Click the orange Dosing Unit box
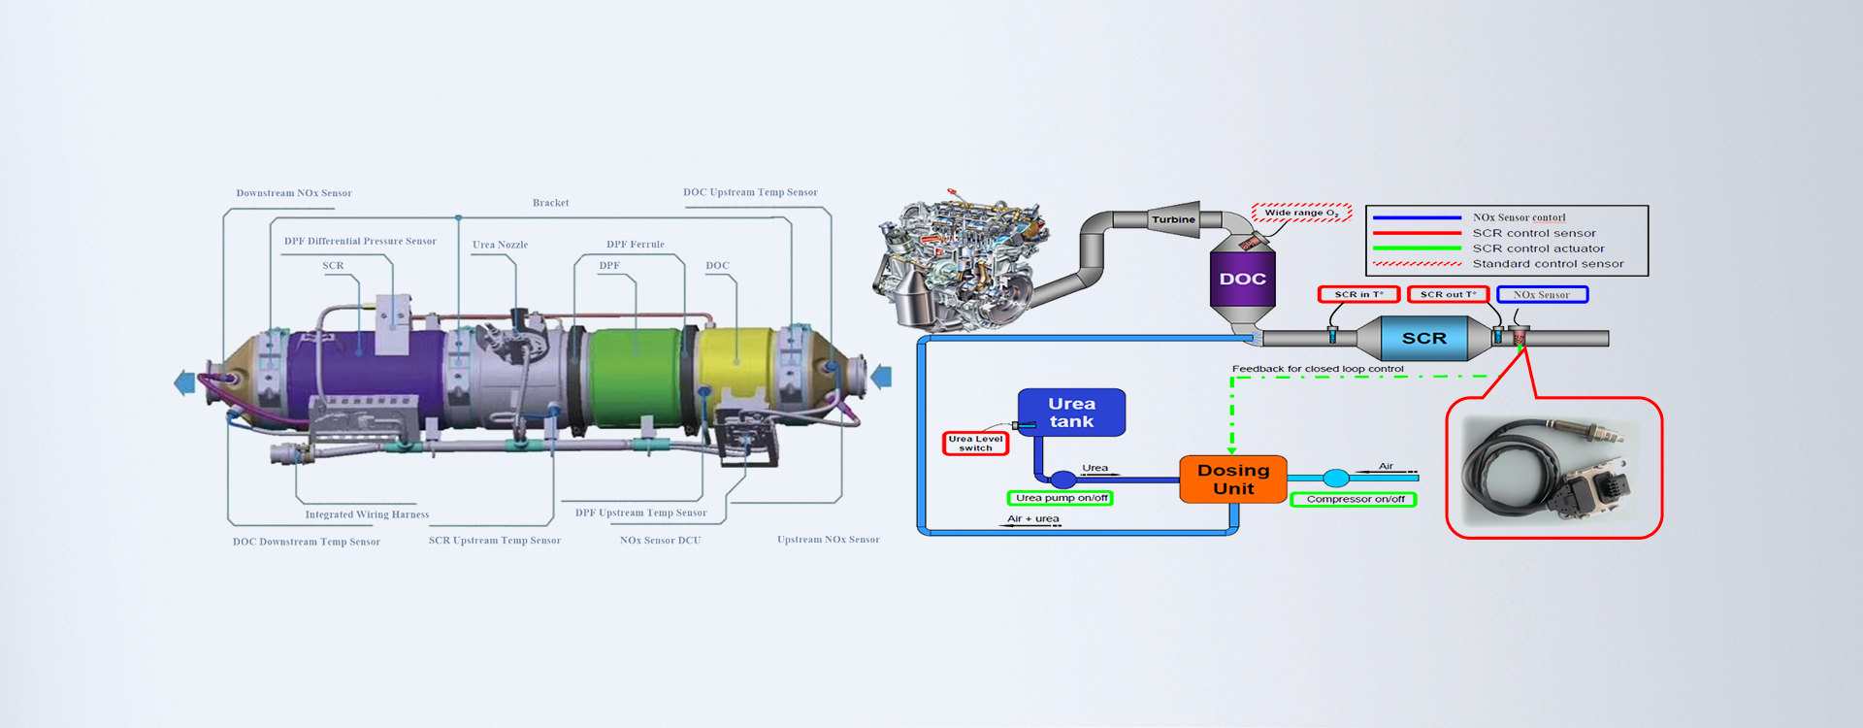click(1233, 480)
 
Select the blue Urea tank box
click(1071, 413)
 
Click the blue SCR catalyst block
click(1423, 339)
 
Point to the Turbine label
click(1173, 219)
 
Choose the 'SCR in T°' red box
click(1358, 294)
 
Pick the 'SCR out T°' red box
click(1448, 294)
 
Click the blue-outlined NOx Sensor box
click(1542, 294)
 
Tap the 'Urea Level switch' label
click(976, 444)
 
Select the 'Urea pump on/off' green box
click(1061, 498)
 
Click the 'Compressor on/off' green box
click(1355, 499)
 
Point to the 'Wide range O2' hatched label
click(1301, 213)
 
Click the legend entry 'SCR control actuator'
click(1538, 248)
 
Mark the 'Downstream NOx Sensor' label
click(294, 193)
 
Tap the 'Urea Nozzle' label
click(500, 245)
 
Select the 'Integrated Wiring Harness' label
click(367, 514)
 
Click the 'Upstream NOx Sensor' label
click(828, 540)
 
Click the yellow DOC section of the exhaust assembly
click(737, 364)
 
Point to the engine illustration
click(961, 262)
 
